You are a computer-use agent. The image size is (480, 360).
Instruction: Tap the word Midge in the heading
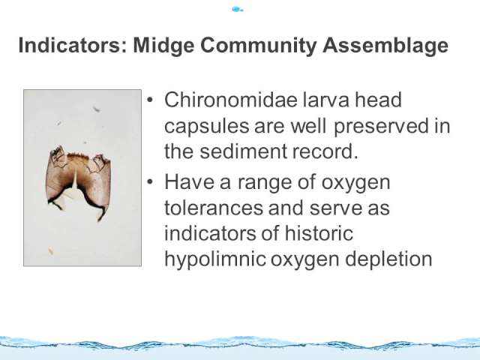[x=163, y=46]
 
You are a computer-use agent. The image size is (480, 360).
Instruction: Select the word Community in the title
[x=258, y=46]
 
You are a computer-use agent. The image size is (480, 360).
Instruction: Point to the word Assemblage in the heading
[x=385, y=46]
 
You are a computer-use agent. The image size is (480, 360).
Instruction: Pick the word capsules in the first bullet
[x=207, y=127]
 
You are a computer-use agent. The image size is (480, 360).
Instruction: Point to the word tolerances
[x=214, y=208]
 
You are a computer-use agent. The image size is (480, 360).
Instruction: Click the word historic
[x=319, y=233]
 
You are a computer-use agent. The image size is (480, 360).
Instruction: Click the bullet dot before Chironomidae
[x=149, y=100]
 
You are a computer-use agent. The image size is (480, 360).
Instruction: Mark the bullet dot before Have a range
[x=149, y=181]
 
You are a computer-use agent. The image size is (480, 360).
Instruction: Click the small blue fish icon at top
[x=237, y=10]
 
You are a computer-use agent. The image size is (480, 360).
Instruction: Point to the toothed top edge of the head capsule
[x=78, y=156]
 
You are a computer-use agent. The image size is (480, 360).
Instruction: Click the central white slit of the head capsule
[x=75, y=178]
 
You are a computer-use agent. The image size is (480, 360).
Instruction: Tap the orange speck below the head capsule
[x=50, y=251]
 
